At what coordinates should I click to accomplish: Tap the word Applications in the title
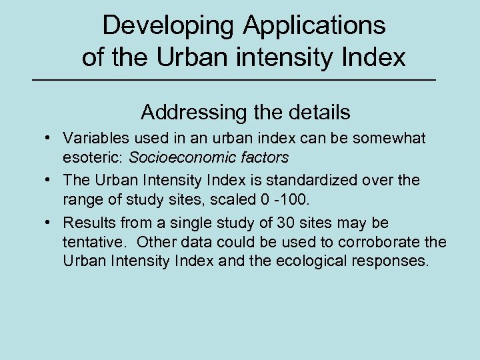(x=315, y=26)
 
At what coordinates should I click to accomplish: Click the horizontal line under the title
(x=239, y=80)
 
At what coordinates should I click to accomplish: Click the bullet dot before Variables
(x=49, y=138)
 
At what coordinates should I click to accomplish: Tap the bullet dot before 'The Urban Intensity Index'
(x=49, y=180)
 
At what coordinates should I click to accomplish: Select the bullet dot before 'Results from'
(x=49, y=222)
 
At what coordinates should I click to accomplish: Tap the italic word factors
(x=267, y=158)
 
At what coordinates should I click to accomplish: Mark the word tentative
(x=92, y=242)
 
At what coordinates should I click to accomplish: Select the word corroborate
(x=380, y=242)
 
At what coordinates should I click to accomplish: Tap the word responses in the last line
(x=393, y=261)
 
